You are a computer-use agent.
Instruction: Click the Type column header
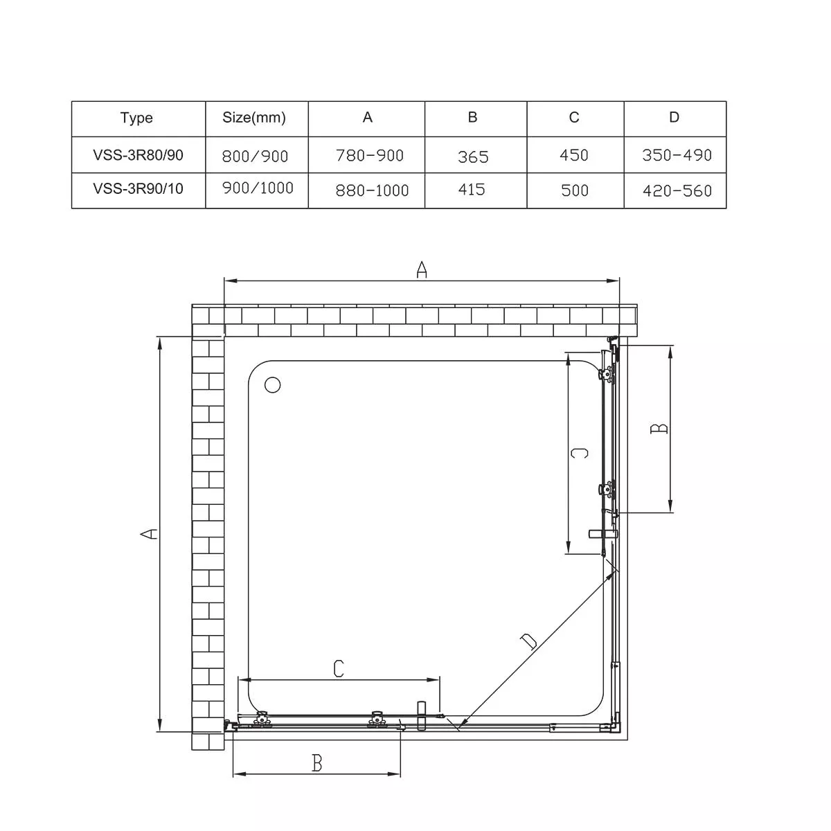click(x=136, y=118)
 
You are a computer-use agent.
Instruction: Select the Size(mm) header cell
click(x=254, y=117)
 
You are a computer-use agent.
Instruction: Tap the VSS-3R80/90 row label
click(x=138, y=155)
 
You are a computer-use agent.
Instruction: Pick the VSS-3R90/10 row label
click(x=138, y=188)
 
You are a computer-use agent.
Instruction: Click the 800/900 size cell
click(x=255, y=156)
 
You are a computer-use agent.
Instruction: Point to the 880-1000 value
click(x=372, y=190)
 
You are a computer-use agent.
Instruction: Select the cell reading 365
click(x=473, y=157)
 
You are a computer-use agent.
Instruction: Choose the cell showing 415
click(x=472, y=189)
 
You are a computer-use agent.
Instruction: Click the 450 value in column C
click(x=574, y=155)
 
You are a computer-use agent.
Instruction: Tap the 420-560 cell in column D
click(x=677, y=190)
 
